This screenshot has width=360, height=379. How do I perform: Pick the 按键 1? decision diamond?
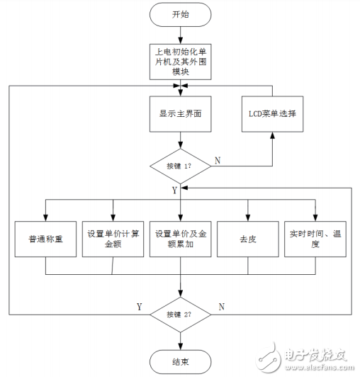pos(180,166)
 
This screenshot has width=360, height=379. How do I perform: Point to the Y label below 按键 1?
pos(175,189)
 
